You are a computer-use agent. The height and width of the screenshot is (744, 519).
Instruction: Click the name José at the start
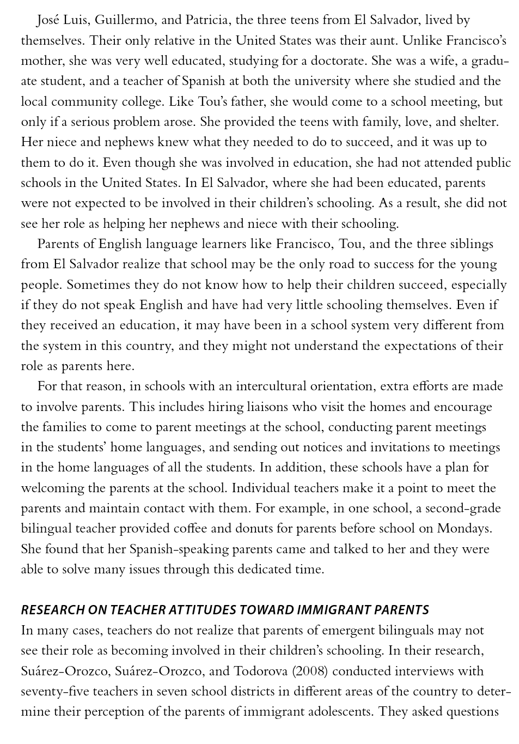tap(48, 21)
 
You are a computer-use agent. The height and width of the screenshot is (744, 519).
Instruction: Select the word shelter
tap(475, 122)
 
